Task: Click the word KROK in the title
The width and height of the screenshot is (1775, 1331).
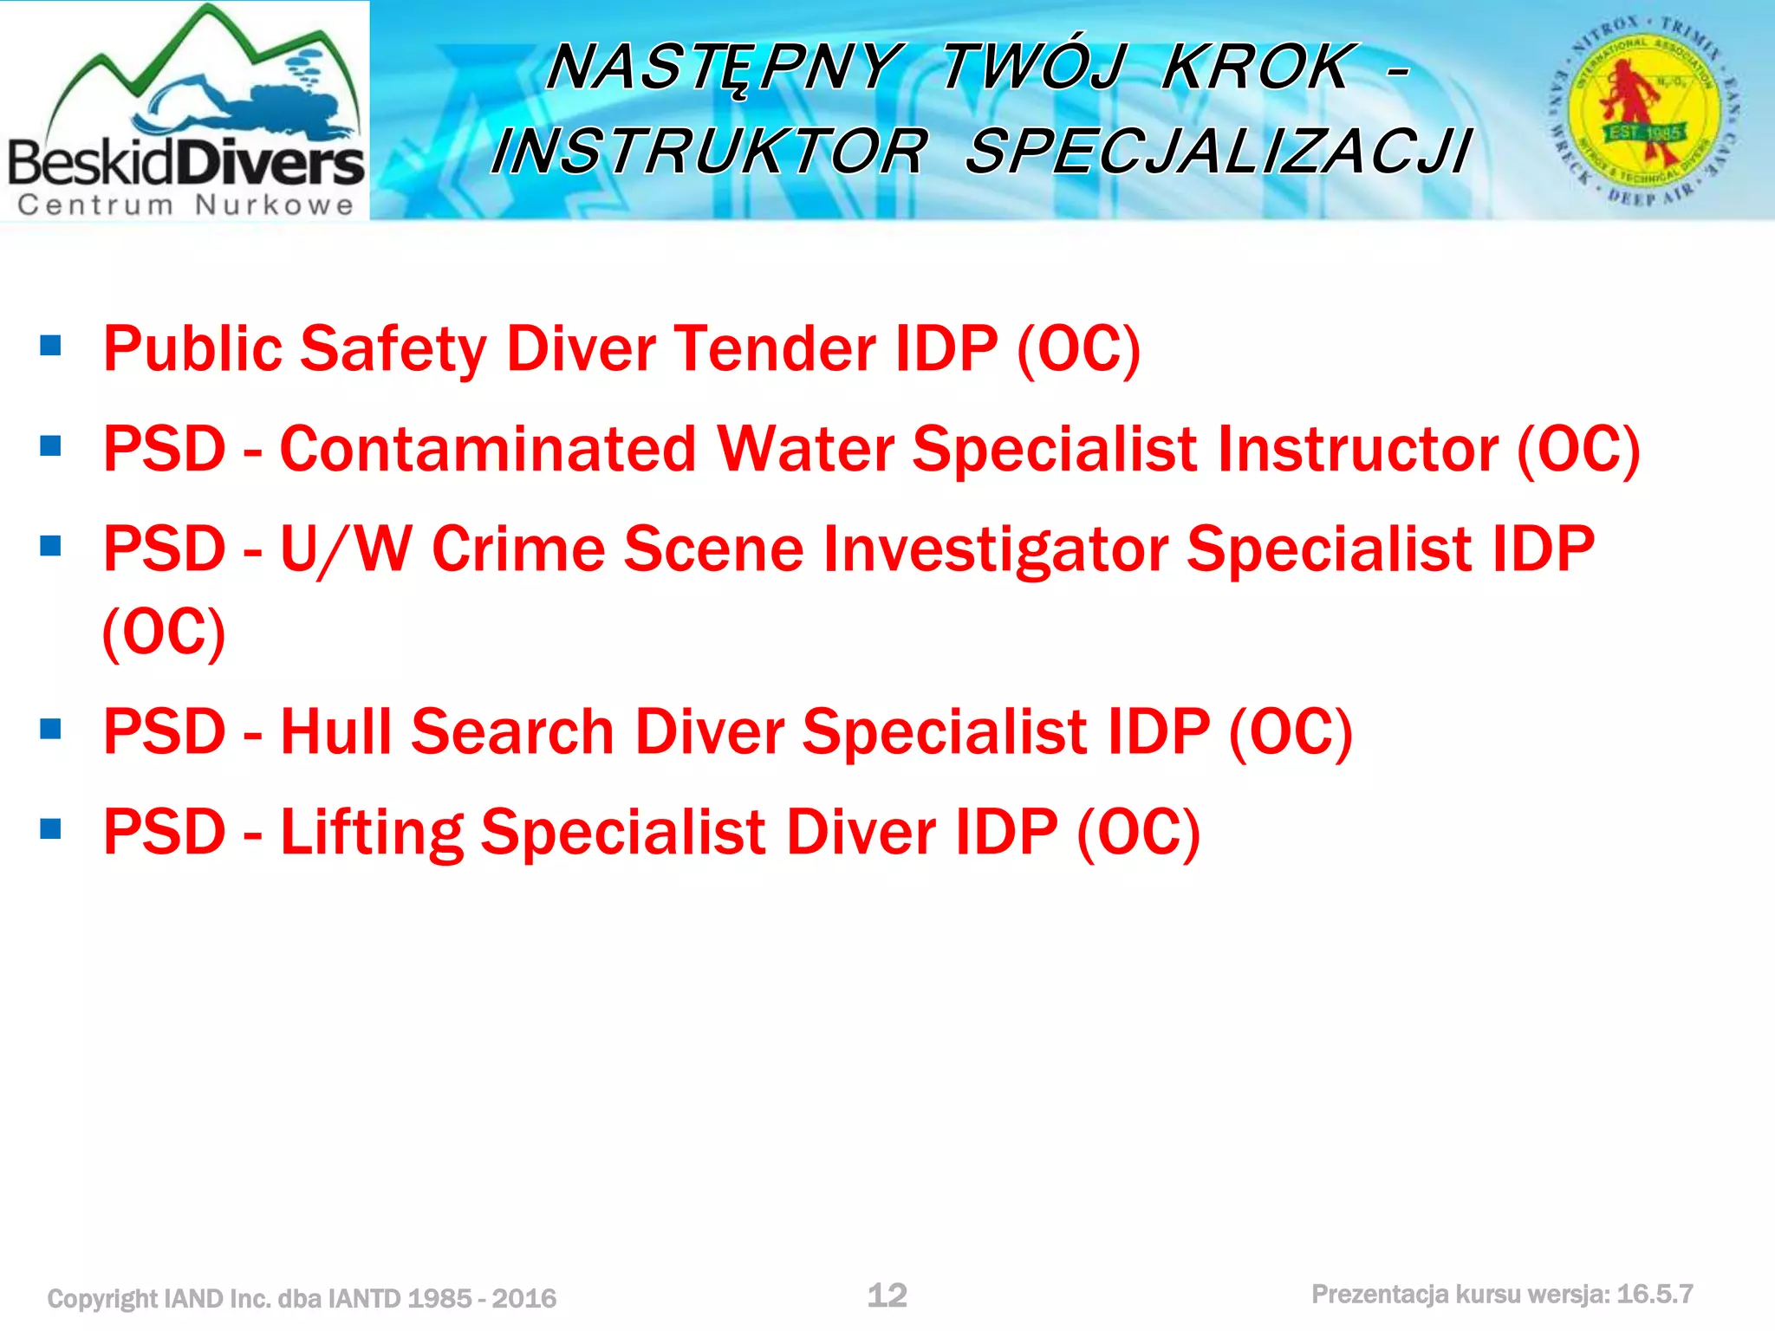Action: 1256,67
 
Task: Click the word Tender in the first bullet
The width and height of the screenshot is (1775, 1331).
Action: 775,349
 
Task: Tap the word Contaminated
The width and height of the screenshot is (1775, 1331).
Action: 488,449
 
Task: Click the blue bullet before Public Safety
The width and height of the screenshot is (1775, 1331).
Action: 51,347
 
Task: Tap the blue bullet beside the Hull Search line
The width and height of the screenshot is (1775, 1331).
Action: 51,730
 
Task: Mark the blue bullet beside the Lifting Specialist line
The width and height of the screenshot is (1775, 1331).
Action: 51,830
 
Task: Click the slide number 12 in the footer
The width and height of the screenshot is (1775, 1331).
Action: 887,1295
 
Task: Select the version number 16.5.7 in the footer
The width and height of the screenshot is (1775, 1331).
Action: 1655,1295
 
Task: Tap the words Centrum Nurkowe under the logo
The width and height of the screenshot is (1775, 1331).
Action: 185,205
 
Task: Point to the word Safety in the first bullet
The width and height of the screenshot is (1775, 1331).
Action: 393,349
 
